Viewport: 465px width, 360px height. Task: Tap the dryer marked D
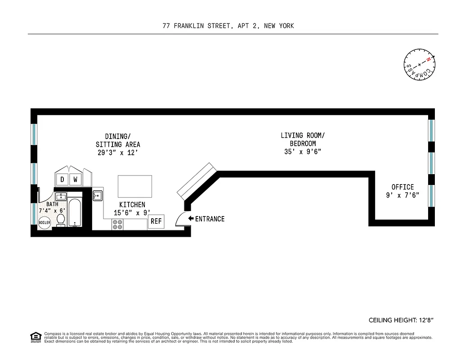pyautogui.click(x=62, y=179)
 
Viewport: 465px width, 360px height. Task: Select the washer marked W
pyautogui.click(x=76, y=179)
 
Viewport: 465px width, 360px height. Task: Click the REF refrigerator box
pyautogui.click(x=156, y=221)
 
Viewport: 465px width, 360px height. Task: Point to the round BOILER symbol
pyautogui.click(x=45, y=222)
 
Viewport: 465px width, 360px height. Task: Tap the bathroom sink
pyautogui.click(x=61, y=197)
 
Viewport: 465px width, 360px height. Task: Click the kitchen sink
pyautogui.click(x=98, y=195)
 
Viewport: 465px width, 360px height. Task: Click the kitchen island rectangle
pyautogui.click(x=135, y=186)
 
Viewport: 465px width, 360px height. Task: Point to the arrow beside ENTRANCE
pyautogui.click(x=191, y=219)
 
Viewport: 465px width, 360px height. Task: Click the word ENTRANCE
pyautogui.click(x=210, y=219)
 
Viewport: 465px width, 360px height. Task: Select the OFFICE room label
pyautogui.click(x=402, y=187)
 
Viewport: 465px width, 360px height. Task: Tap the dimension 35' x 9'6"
pyautogui.click(x=303, y=152)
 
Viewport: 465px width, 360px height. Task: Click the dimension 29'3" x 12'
pyautogui.click(x=117, y=153)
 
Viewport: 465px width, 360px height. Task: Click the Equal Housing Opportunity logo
pyautogui.click(x=36, y=337)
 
